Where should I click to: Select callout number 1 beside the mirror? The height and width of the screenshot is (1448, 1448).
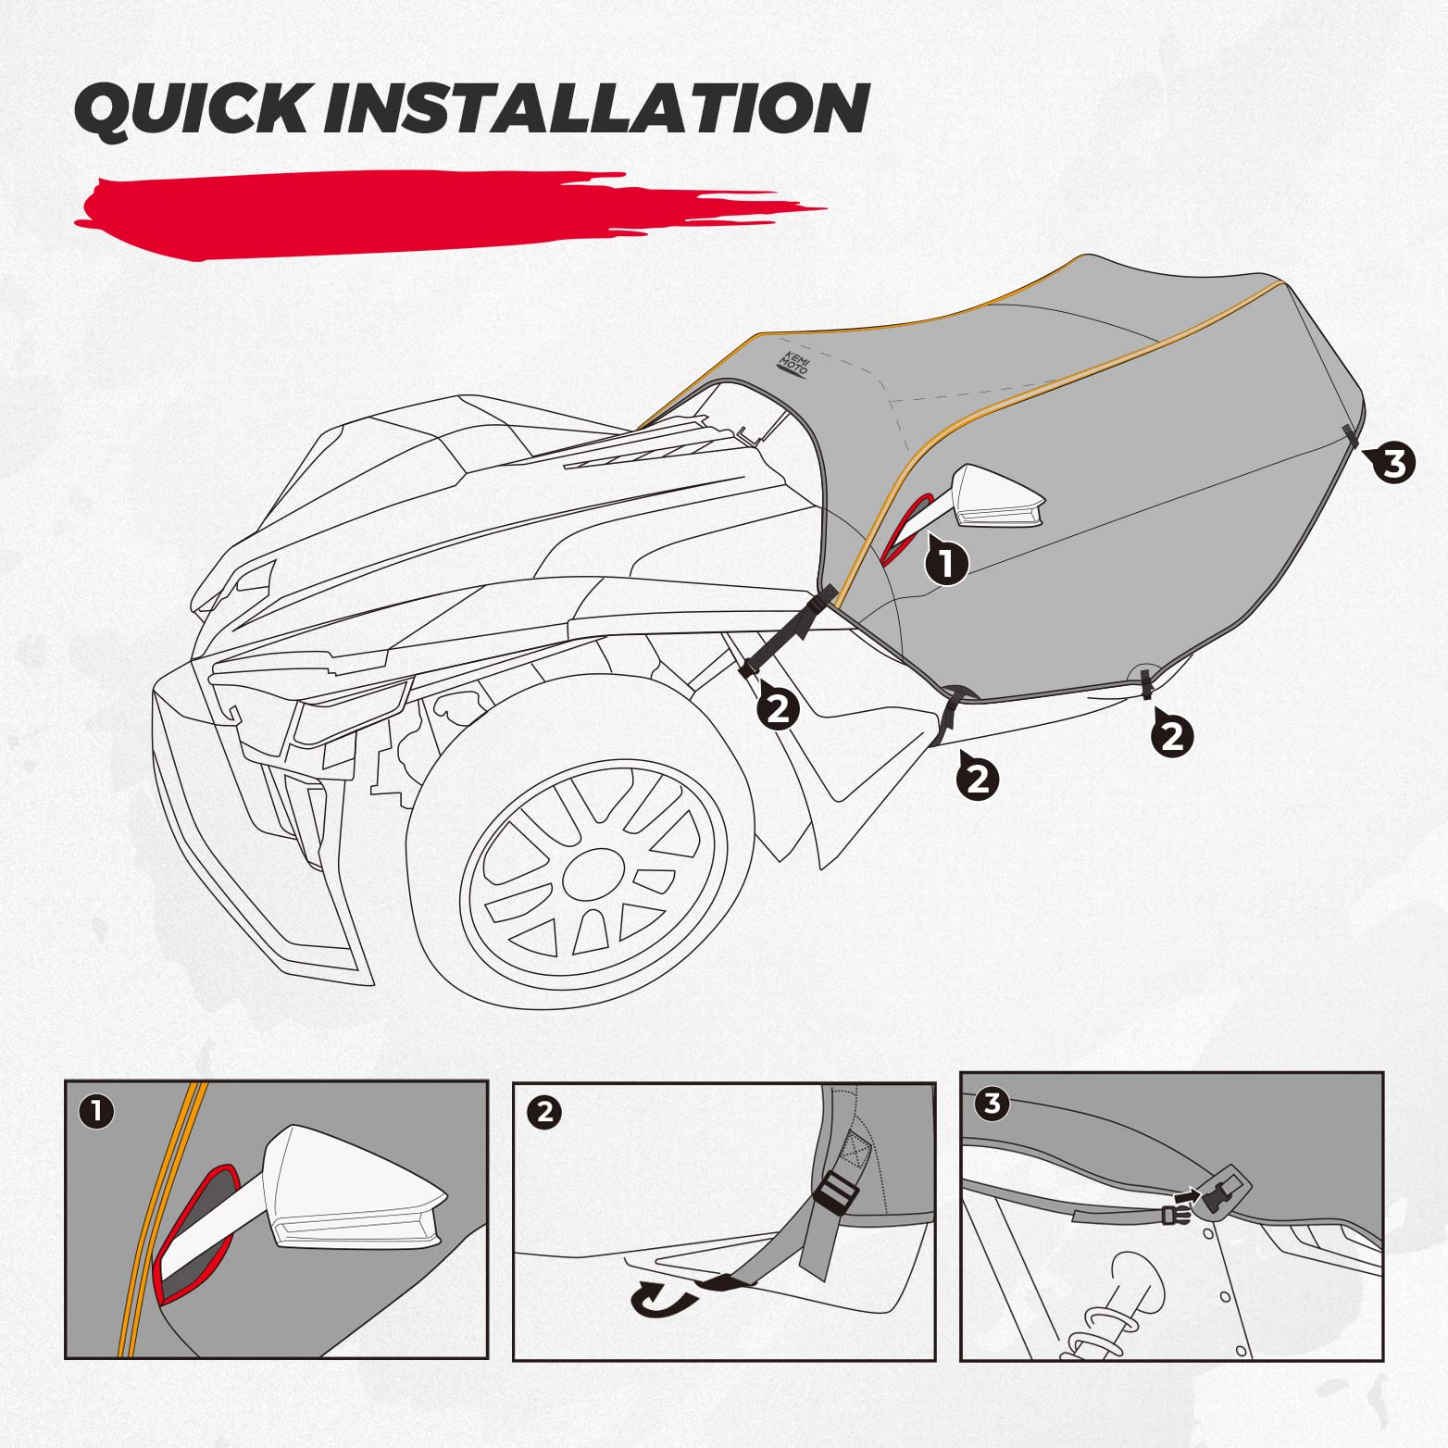(x=946, y=562)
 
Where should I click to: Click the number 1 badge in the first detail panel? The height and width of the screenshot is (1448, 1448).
(x=97, y=1111)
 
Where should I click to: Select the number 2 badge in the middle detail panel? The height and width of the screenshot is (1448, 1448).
(x=544, y=1111)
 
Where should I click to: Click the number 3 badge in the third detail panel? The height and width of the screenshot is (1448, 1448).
(x=992, y=1104)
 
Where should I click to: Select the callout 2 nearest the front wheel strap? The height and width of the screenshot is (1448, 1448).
(x=778, y=708)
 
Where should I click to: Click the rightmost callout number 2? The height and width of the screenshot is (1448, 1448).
(x=1172, y=736)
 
